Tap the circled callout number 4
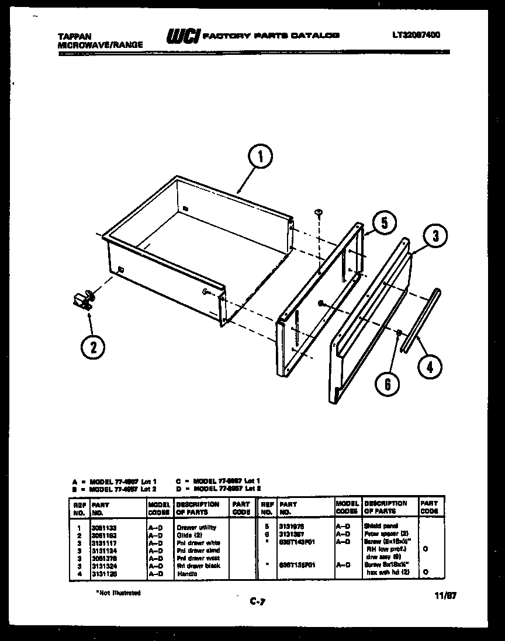[430, 367]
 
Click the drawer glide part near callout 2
[83, 299]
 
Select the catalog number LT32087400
[416, 35]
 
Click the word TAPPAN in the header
[74, 36]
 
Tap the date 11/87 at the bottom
[445, 596]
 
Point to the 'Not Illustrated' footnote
[118, 593]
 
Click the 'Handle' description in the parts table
[188, 574]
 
